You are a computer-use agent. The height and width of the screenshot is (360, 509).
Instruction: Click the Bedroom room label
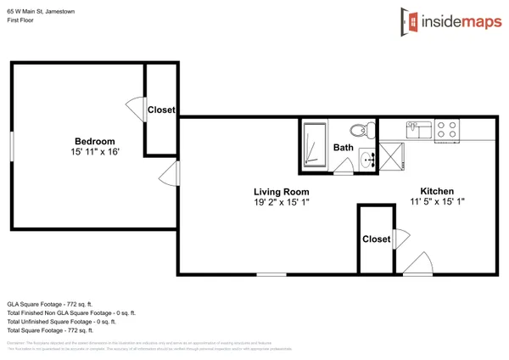point(94,141)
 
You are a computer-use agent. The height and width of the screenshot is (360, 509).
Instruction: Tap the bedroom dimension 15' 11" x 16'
point(94,152)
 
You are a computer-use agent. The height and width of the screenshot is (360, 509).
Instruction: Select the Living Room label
point(282,192)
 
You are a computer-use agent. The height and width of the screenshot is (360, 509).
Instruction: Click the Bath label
point(343,148)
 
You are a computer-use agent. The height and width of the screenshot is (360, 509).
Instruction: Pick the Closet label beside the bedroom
point(161,110)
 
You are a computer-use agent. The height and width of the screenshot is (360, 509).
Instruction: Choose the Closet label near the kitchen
point(376,239)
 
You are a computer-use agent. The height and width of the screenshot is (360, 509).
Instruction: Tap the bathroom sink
point(367,159)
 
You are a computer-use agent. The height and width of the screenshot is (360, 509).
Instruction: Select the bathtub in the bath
point(314,145)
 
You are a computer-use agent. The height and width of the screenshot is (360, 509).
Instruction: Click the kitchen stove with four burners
point(446,130)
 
